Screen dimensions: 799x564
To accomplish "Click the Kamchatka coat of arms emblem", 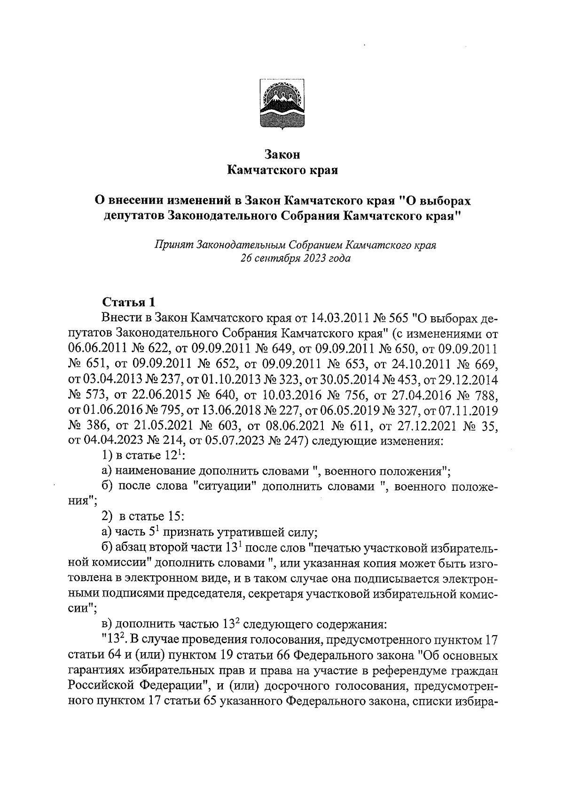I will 282,100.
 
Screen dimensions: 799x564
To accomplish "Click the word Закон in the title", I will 282,154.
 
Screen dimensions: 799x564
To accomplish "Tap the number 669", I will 487,364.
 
